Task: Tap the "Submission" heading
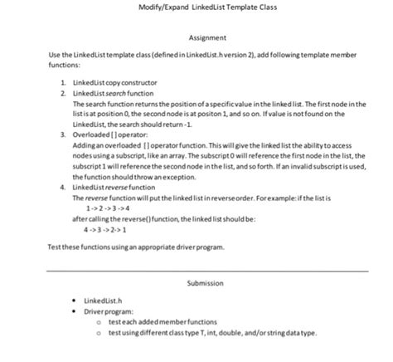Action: [205, 284]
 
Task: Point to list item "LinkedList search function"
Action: [109, 93]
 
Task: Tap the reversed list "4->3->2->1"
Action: [108, 228]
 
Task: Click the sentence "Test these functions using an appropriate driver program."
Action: [137, 247]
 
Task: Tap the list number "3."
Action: [64, 133]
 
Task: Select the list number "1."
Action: [64, 84]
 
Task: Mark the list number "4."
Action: [64, 188]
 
